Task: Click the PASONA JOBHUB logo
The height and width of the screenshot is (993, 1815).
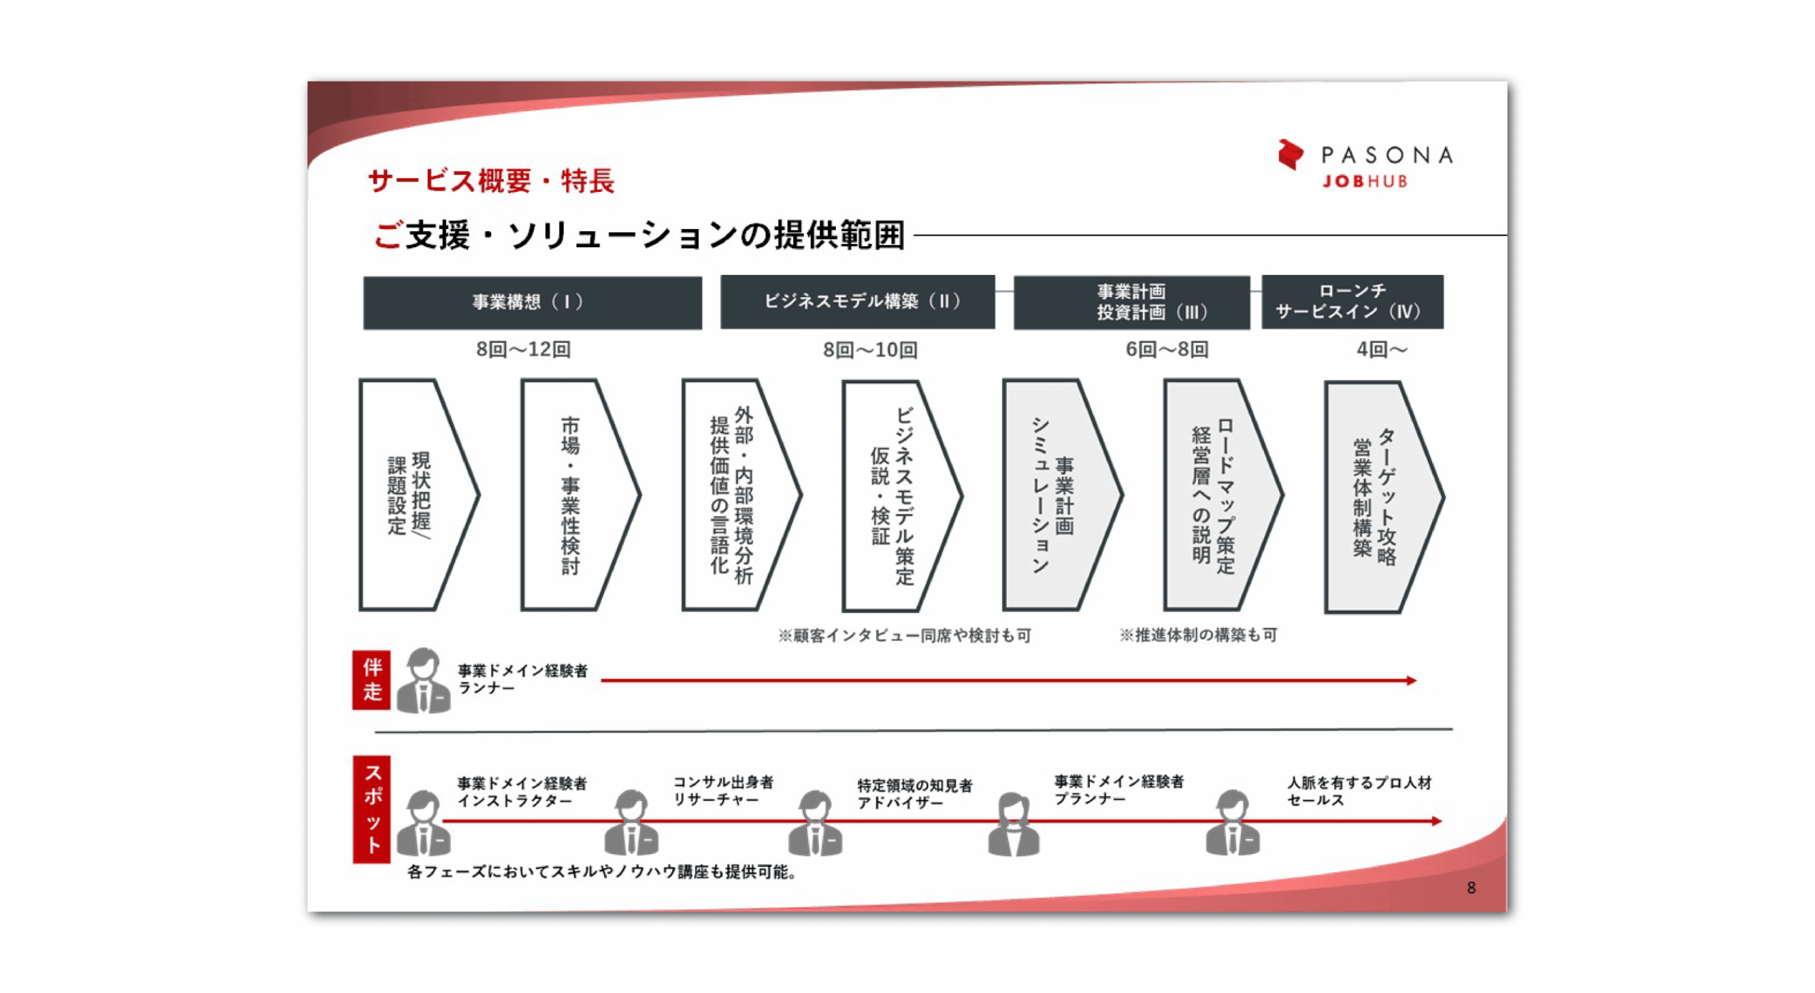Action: click(1363, 164)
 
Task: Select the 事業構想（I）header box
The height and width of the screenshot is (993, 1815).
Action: click(532, 303)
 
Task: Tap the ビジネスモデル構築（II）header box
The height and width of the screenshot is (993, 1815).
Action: click(856, 302)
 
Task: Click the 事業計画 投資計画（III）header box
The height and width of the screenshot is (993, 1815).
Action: click(1131, 303)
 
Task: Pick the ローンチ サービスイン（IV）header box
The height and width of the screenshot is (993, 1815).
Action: click(1351, 302)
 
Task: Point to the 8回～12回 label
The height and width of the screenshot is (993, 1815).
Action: click(523, 349)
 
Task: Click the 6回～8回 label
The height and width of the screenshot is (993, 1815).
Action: click(1166, 349)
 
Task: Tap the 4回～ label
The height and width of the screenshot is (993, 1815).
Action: click(1381, 349)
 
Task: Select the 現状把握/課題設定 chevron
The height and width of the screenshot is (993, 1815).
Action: click(415, 495)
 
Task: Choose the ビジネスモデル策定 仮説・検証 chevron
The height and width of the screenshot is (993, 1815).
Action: click(897, 496)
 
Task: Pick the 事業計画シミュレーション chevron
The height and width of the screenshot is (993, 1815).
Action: click(1056, 495)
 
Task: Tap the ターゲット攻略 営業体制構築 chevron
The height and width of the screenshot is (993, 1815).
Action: click(1379, 497)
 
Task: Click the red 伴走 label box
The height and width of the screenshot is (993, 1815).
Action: click(372, 680)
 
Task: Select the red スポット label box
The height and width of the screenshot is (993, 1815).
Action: click(372, 809)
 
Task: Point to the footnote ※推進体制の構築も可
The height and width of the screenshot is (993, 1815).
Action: click(1197, 635)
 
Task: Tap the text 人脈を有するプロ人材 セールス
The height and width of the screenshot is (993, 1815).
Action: click(1358, 790)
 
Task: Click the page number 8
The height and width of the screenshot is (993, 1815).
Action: click(1470, 887)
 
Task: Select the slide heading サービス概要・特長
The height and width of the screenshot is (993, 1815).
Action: click(491, 181)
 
